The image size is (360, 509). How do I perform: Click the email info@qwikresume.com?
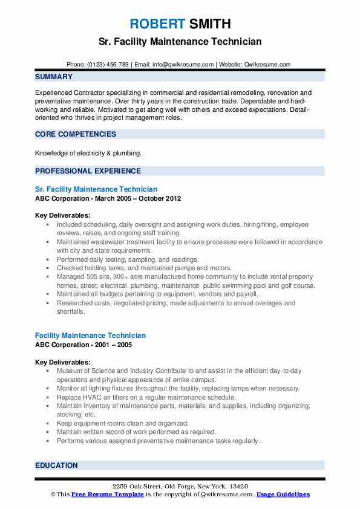pyautogui.click(x=183, y=64)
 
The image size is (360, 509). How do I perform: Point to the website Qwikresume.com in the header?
pyautogui.click(x=267, y=64)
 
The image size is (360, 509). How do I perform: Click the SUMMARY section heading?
pyautogui.click(x=54, y=77)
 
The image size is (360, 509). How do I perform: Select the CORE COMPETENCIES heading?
pyautogui.click(x=76, y=134)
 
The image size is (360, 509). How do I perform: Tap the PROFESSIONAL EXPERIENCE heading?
pyautogui.click(x=88, y=170)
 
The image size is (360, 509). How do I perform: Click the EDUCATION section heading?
pyautogui.click(x=56, y=465)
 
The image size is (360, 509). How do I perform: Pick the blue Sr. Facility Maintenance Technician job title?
pyautogui.click(x=96, y=189)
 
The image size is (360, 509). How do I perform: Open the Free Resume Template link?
pyautogui.click(x=104, y=494)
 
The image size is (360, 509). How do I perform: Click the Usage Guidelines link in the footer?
pyautogui.click(x=283, y=494)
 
